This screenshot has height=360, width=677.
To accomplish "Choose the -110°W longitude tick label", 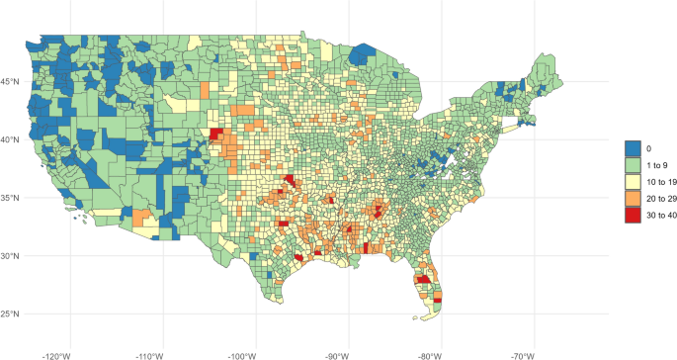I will point(148,353).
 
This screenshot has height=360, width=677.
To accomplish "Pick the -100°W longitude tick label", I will point(242,353).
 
